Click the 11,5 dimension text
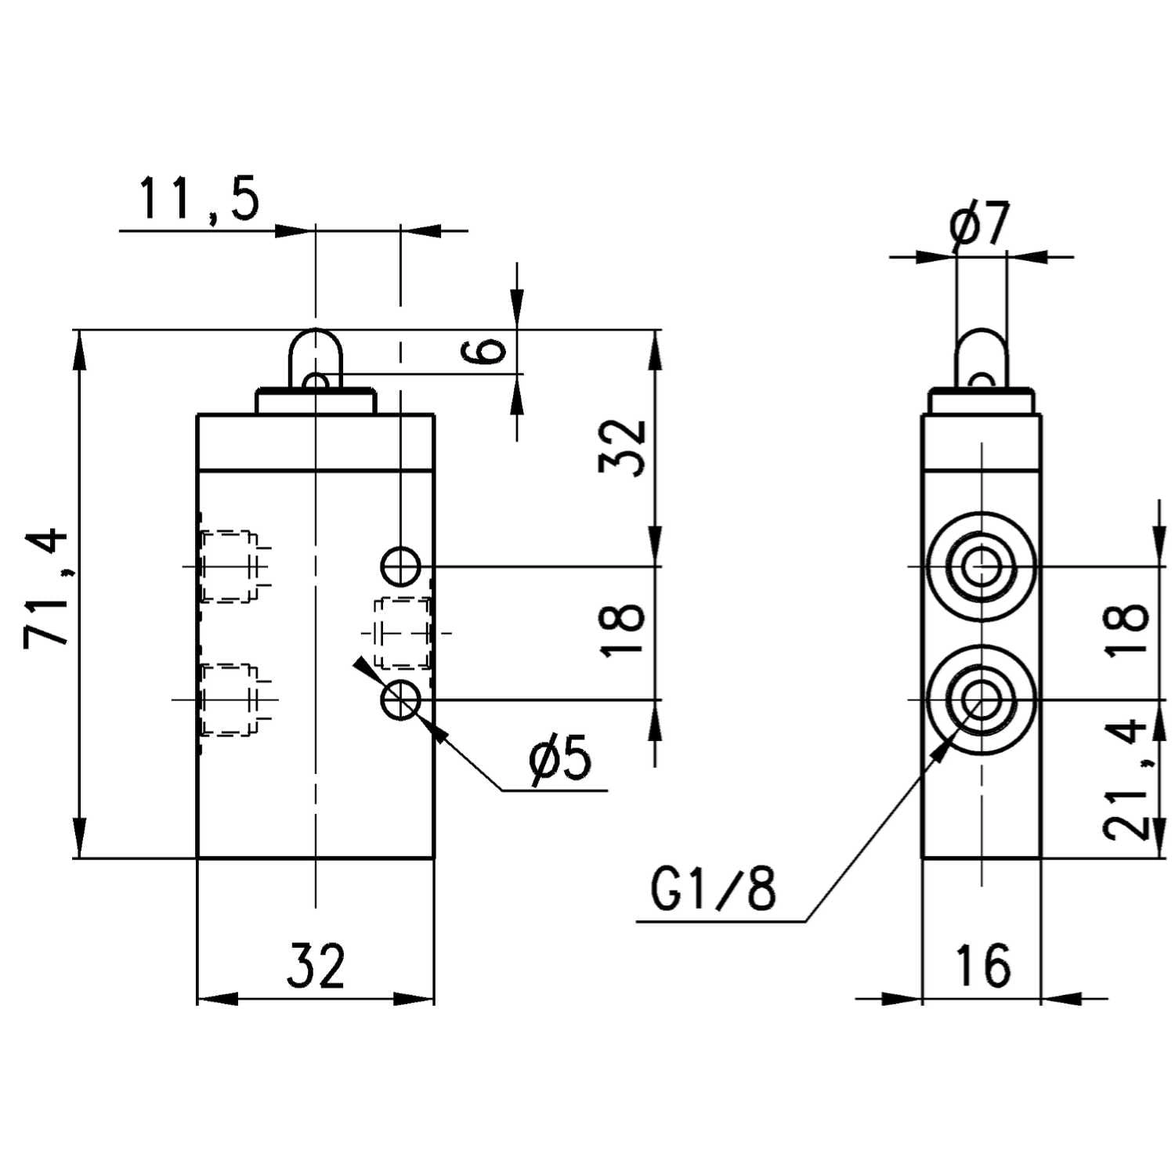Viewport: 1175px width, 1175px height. [x=199, y=199]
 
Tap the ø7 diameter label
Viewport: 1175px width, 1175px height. [x=981, y=226]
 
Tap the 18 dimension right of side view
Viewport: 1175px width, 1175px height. [x=1126, y=628]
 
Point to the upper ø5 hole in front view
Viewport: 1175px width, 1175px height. [x=401, y=565]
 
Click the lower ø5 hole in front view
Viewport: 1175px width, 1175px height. [x=401, y=700]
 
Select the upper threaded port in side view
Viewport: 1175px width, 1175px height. [x=981, y=566]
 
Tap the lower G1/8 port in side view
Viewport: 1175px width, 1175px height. [x=981, y=700]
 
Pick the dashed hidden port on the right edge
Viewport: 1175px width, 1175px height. [x=403, y=633]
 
